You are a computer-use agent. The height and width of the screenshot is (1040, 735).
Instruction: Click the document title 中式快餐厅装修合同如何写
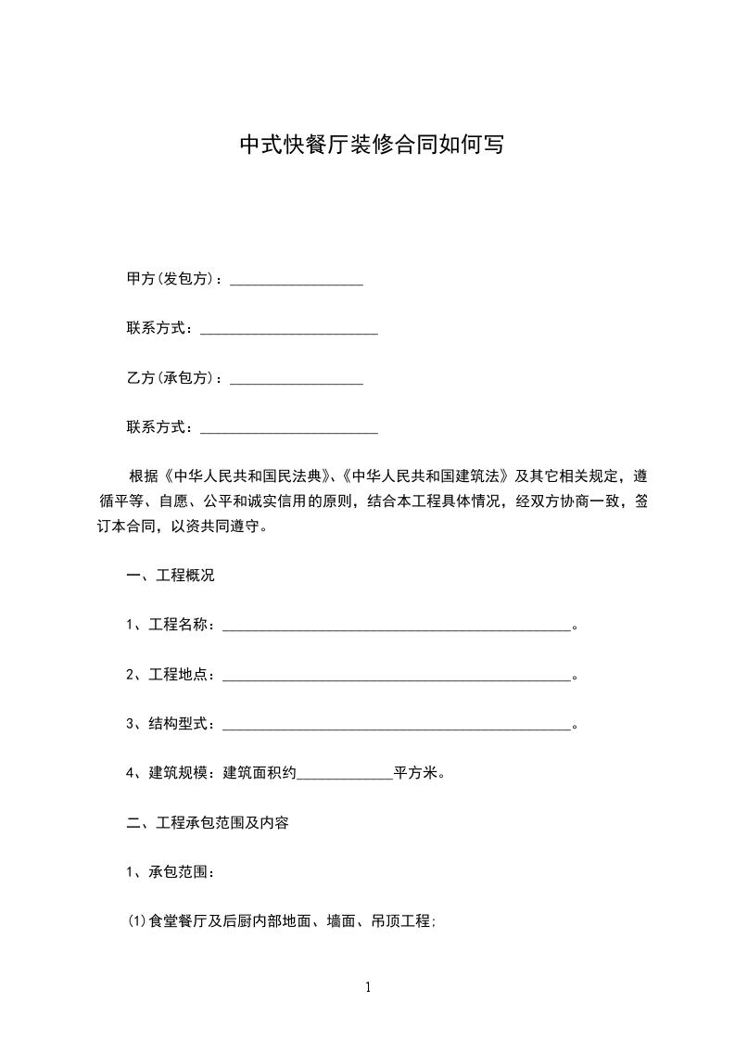tap(372, 145)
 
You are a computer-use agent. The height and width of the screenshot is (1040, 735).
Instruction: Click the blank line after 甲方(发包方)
tap(296, 281)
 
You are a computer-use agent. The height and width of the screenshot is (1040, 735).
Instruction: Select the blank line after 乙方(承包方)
tap(296, 380)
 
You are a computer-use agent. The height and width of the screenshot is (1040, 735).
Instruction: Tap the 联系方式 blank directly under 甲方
tap(289, 331)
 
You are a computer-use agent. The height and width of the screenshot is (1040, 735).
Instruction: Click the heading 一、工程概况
tap(171, 576)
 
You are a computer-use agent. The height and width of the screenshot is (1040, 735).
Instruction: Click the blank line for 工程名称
tap(396, 628)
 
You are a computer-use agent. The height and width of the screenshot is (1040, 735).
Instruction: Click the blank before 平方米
tap(345, 776)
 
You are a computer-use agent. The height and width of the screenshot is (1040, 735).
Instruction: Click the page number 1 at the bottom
tap(368, 988)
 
